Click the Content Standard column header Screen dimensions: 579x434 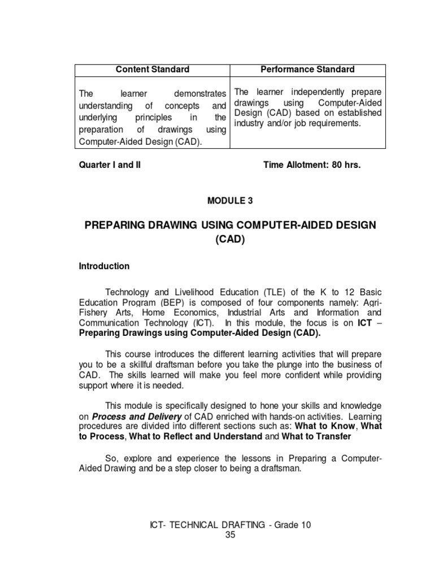point(152,70)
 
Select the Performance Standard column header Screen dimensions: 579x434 point(307,70)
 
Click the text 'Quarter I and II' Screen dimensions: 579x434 point(110,165)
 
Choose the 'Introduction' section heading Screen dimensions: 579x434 point(104,266)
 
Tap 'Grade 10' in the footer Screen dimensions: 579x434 point(292,525)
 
